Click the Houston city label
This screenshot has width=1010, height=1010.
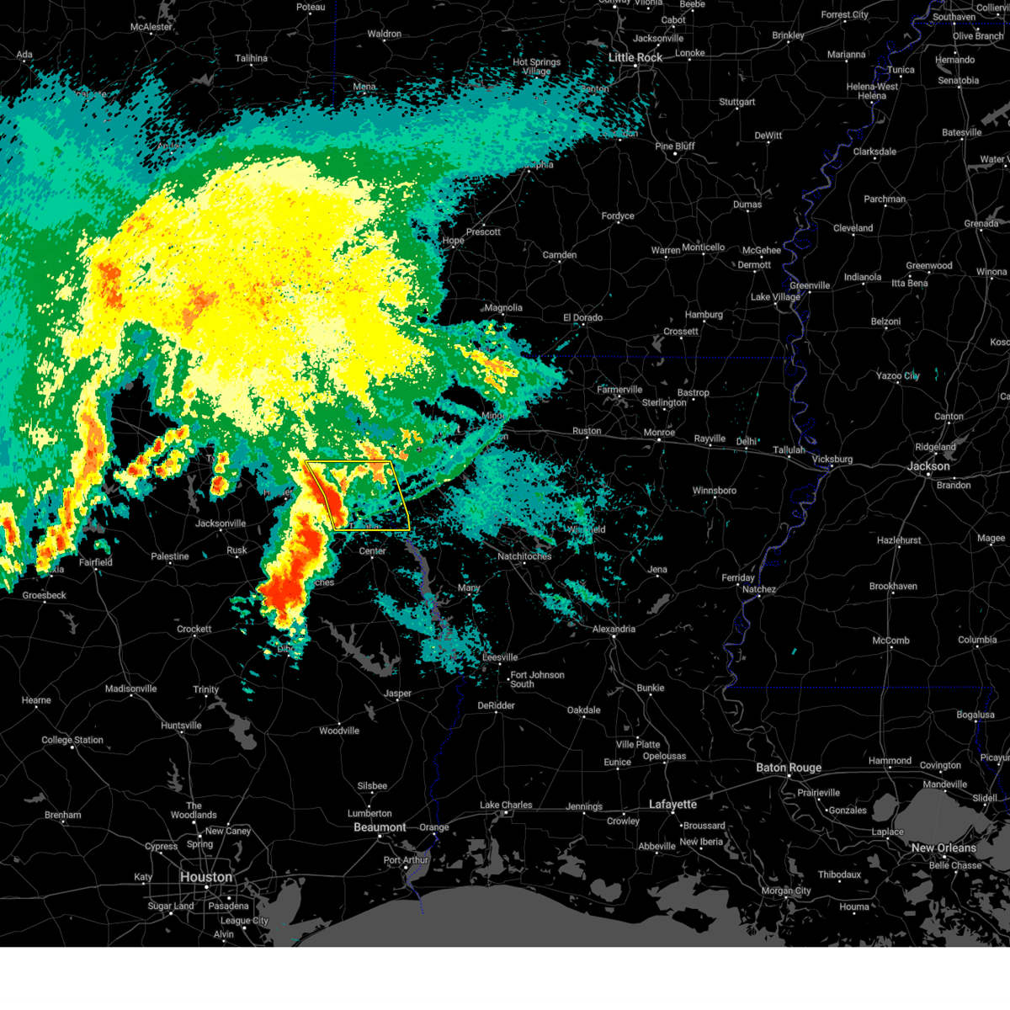click(x=205, y=877)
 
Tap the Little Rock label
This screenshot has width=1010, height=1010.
click(x=635, y=57)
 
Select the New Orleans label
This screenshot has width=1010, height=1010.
click(x=944, y=848)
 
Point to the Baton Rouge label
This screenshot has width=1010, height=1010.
click(x=789, y=768)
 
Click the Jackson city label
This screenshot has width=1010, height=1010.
click(x=928, y=466)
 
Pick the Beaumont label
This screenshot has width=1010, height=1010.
click(x=380, y=827)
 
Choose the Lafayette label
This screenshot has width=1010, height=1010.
click(x=672, y=805)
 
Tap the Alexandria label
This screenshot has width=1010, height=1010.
click(x=614, y=629)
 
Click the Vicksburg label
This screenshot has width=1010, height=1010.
click(x=832, y=460)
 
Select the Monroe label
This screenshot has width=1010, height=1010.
click(x=659, y=433)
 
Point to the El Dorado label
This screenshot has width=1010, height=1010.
click(x=582, y=317)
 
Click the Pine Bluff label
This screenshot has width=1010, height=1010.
click(x=675, y=146)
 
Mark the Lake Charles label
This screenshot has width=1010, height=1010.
click(x=506, y=805)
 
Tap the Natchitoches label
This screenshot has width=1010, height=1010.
click(x=524, y=556)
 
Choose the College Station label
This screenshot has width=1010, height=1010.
click(x=72, y=741)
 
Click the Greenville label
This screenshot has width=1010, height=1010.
click(x=810, y=285)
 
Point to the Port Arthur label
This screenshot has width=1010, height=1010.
click(x=406, y=860)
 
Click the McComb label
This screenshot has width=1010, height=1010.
click(x=890, y=641)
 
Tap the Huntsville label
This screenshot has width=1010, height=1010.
click(x=181, y=726)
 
